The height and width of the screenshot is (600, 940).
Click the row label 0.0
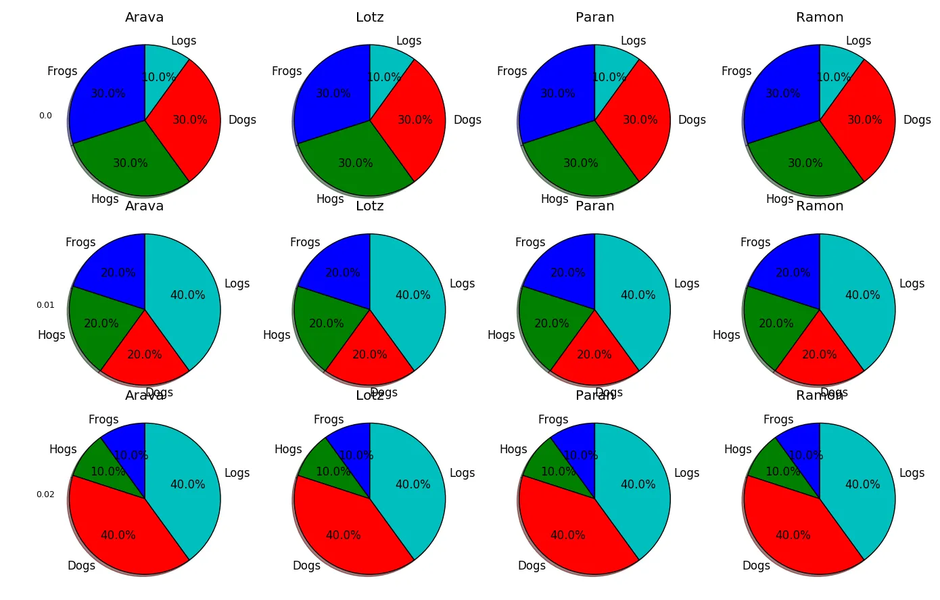[45, 116]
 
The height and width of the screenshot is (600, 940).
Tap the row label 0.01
[45, 305]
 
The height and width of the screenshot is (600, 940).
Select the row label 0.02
[45, 494]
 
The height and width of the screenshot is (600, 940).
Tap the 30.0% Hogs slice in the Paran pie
[580, 162]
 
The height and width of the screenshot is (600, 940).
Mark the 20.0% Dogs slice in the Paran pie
[594, 355]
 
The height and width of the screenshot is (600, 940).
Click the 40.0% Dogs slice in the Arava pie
[118, 534]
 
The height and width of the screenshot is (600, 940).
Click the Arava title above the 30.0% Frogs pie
[144, 18]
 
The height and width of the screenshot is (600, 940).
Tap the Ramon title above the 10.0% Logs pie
[820, 18]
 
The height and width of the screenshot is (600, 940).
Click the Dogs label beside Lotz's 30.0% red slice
[467, 120]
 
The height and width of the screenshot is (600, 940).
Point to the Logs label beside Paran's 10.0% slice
[633, 41]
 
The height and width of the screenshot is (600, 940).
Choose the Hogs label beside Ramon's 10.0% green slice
[738, 449]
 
